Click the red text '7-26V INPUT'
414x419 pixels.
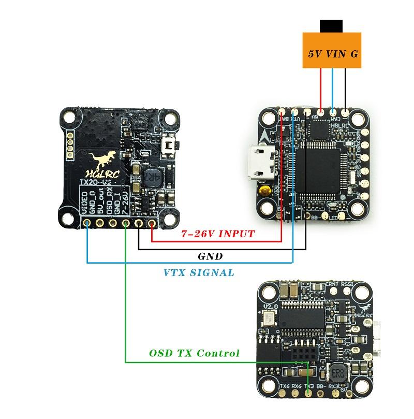click(x=218, y=234)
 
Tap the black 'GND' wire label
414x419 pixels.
click(x=211, y=256)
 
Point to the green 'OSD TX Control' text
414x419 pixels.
click(x=195, y=353)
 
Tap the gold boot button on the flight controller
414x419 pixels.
click(x=267, y=191)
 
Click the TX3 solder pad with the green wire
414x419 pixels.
click(x=309, y=393)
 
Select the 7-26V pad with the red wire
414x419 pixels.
click(x=152, y=223)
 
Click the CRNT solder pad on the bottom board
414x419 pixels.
click(x=332, y=291)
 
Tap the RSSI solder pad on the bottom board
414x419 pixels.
click(x=346, y=291)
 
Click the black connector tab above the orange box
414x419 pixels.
click(x=331, y=25)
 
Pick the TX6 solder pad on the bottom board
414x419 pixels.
click(x=283, y=393)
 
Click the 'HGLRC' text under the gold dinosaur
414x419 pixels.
click(x=101, y=175)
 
